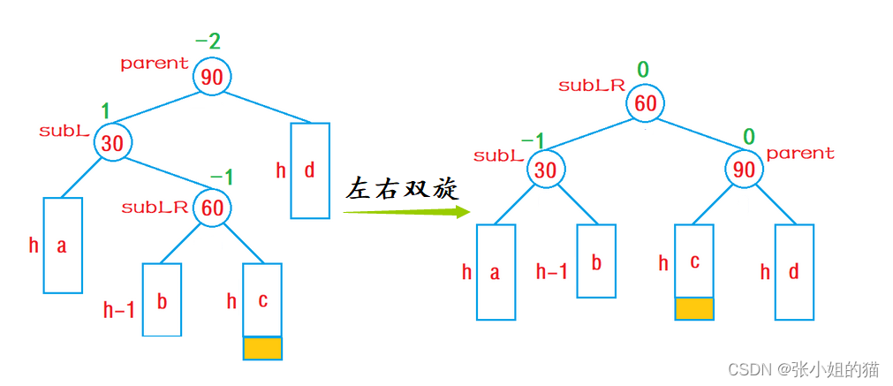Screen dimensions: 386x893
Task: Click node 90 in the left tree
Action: tap(212, 77)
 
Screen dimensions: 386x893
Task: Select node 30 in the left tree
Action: tap(112, 143)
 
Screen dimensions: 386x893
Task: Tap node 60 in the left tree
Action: tap(211, 208)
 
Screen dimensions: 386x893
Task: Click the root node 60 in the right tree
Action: tap(646, 103)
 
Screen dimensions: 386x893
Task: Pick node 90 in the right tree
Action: tap(745, 169)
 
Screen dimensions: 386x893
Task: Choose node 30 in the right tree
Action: tap(546, 169)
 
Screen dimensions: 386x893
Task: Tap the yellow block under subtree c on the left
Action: tap(262, 348)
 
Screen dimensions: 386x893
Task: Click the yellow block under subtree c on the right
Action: tap(693, 308)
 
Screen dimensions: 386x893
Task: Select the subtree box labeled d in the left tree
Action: tap(310, 170)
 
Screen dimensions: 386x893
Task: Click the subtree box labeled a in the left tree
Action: tap(63, 245)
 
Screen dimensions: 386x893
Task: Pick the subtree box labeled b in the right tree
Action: tap(596, 261)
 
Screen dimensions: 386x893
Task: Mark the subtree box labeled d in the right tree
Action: tap(794, 272)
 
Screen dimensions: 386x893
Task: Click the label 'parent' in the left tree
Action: tap(155, 64)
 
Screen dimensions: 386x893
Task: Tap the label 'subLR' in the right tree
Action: tap(592, 86)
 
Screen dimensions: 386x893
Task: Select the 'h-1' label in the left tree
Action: tap(119, 309)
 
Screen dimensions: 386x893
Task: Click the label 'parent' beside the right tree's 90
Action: tap(800, 154)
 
